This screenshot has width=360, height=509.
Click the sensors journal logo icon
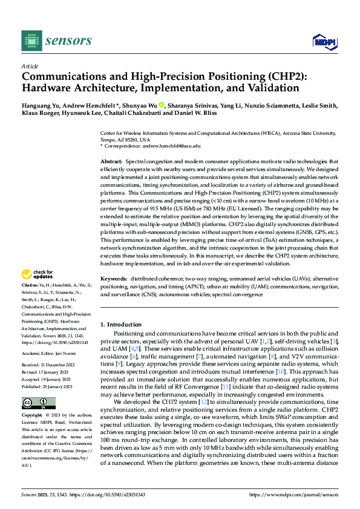pyautogui.click(x=31, y=41)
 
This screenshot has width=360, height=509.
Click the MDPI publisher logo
pyautogui.click(x=324, y=41)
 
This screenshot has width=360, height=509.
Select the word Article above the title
pyautogui.click(x=30, y=66)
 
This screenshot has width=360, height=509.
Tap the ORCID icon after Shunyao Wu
pyautogui.click(x=162, y=106)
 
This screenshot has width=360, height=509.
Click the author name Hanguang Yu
pyautogui.click(x=42, y=106)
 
